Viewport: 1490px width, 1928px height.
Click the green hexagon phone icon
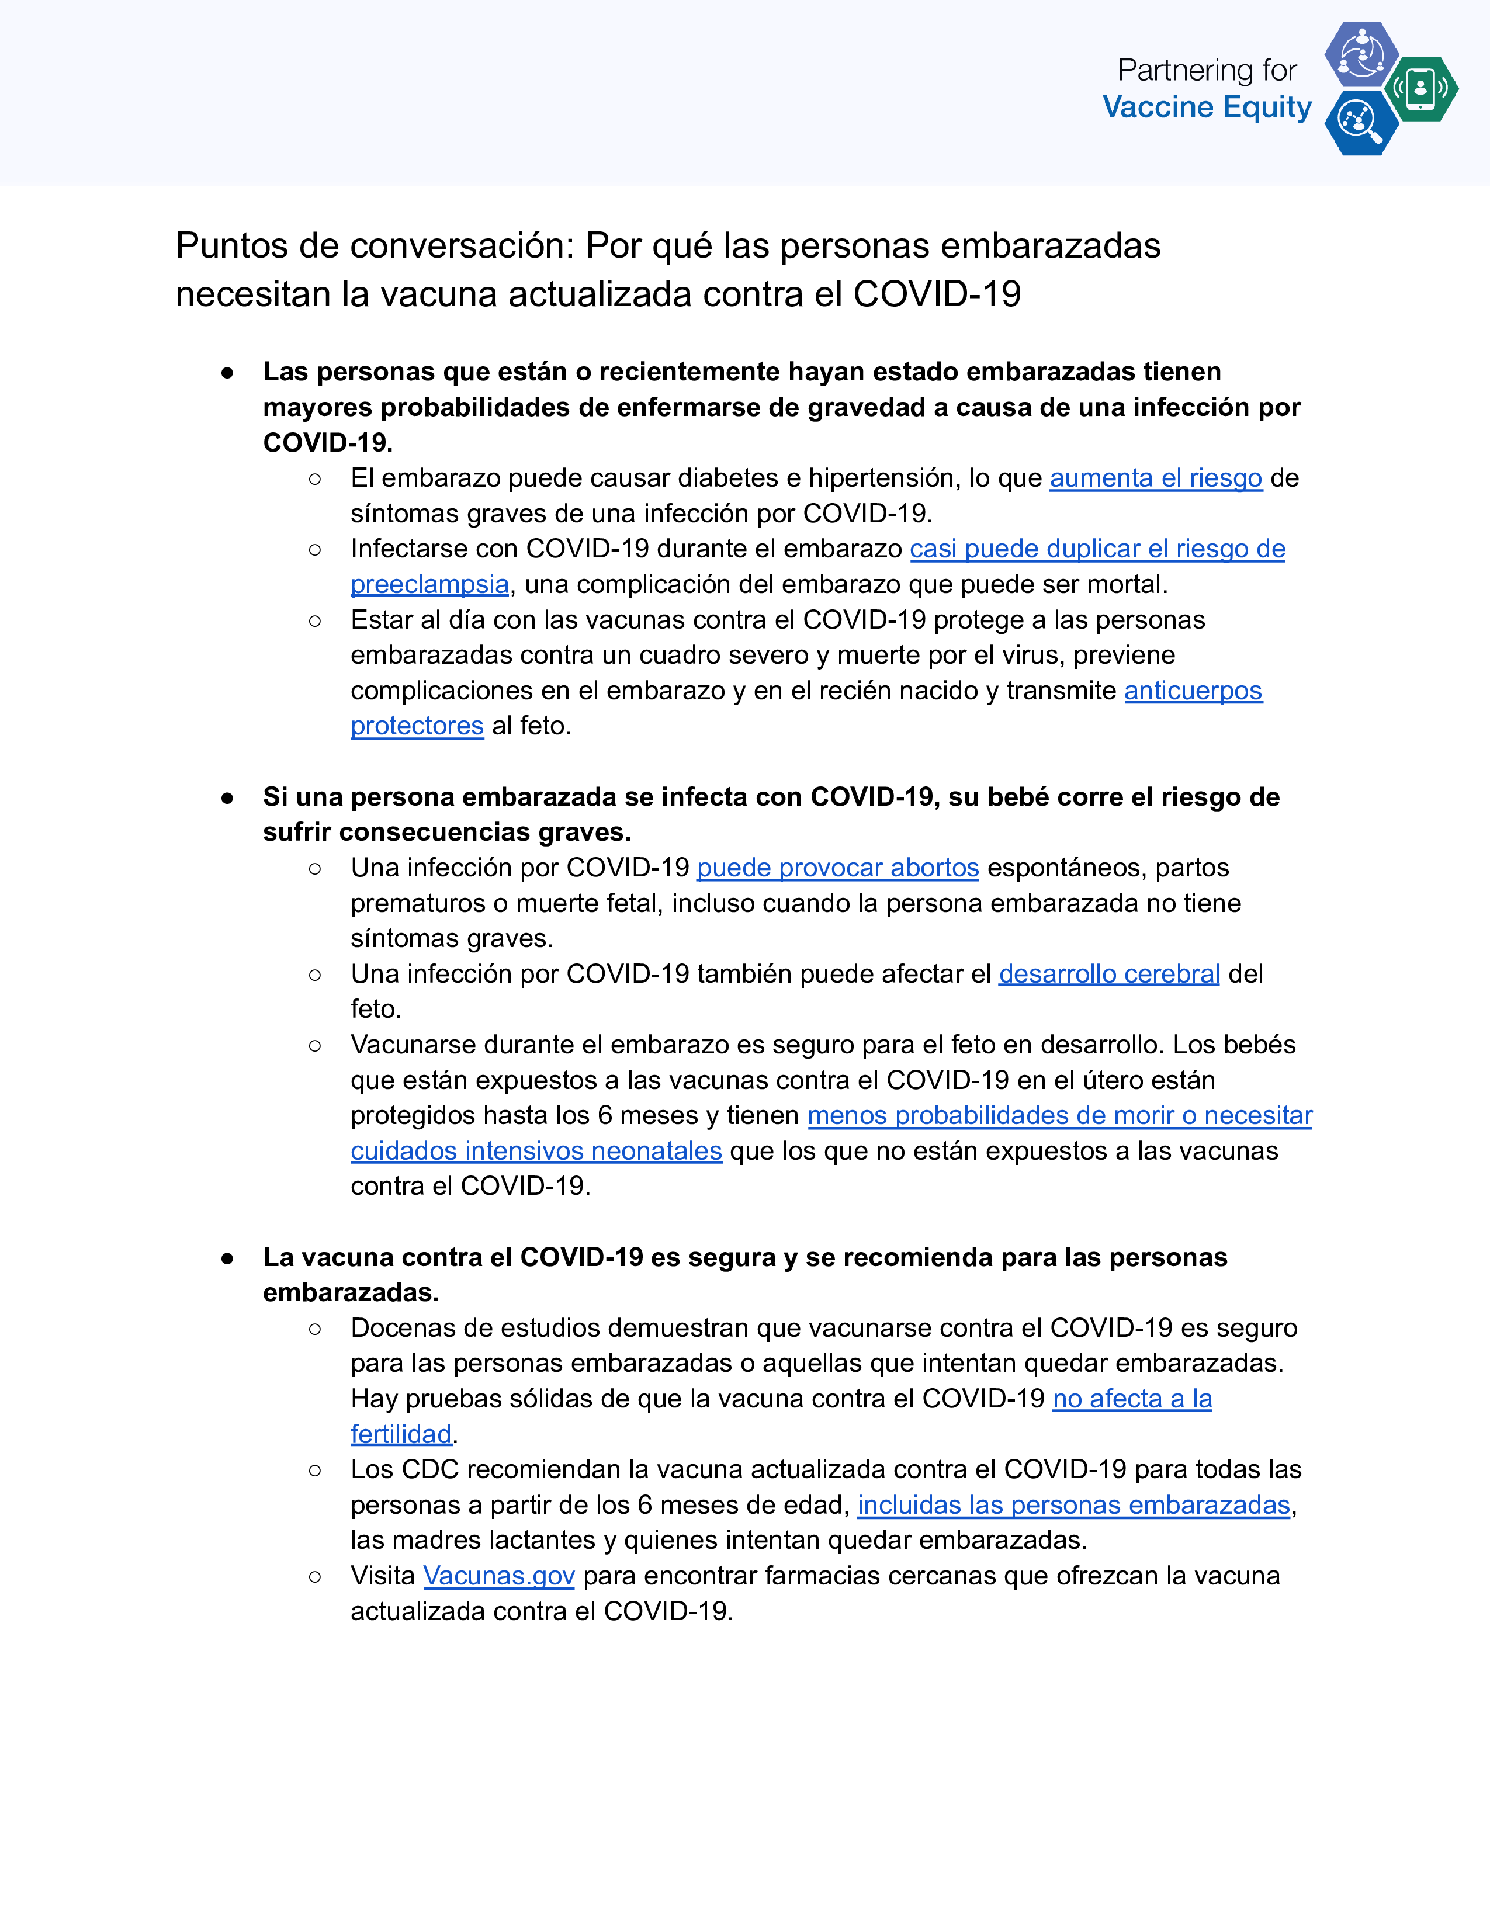click(x=1420, y=88)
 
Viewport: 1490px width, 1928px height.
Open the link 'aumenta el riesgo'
click(x=1155, y=478)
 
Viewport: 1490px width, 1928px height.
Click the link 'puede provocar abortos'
click(x=838, y=868)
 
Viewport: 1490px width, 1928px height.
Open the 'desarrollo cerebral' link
click(x=1108, y=974)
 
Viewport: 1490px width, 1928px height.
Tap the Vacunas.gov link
click(x=499, y=1576)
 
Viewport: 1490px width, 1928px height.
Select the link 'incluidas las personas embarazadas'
click(x=1073, y=1505)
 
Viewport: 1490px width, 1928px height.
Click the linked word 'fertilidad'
click(x=401, y=1434)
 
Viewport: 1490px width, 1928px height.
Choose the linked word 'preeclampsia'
click(x=430, y=584)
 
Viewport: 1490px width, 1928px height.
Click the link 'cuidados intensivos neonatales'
click(x=536, y=1151)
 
